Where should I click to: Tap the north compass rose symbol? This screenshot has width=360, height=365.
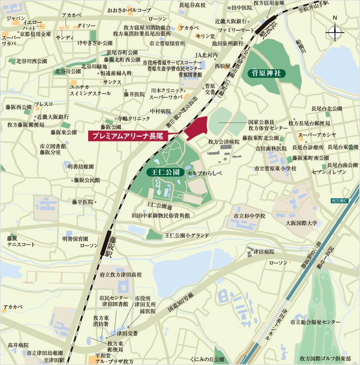(x=335, y=32)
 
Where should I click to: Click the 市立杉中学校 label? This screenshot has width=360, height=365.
(x=246, y=216)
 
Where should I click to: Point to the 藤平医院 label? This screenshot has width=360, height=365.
(x=82, y=202)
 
